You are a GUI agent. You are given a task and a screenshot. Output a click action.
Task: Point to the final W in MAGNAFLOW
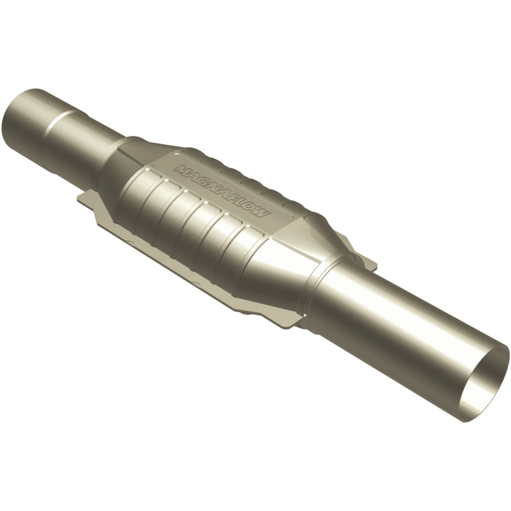coord(263,213)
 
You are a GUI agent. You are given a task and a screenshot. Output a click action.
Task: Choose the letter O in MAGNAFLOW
coord(251,206)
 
